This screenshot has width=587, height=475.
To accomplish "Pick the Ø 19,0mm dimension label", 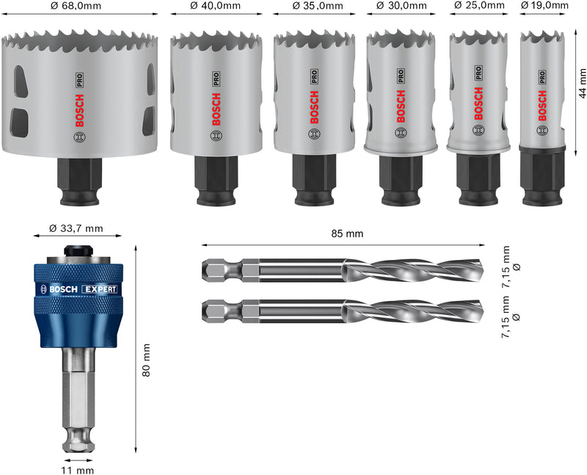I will tap(544, 6).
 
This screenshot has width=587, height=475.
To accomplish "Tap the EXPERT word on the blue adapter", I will tap(100, 289).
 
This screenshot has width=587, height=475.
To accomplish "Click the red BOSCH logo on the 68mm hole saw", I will tap(80, 109).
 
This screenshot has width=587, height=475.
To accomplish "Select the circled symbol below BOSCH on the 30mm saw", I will tap(402, 133).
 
